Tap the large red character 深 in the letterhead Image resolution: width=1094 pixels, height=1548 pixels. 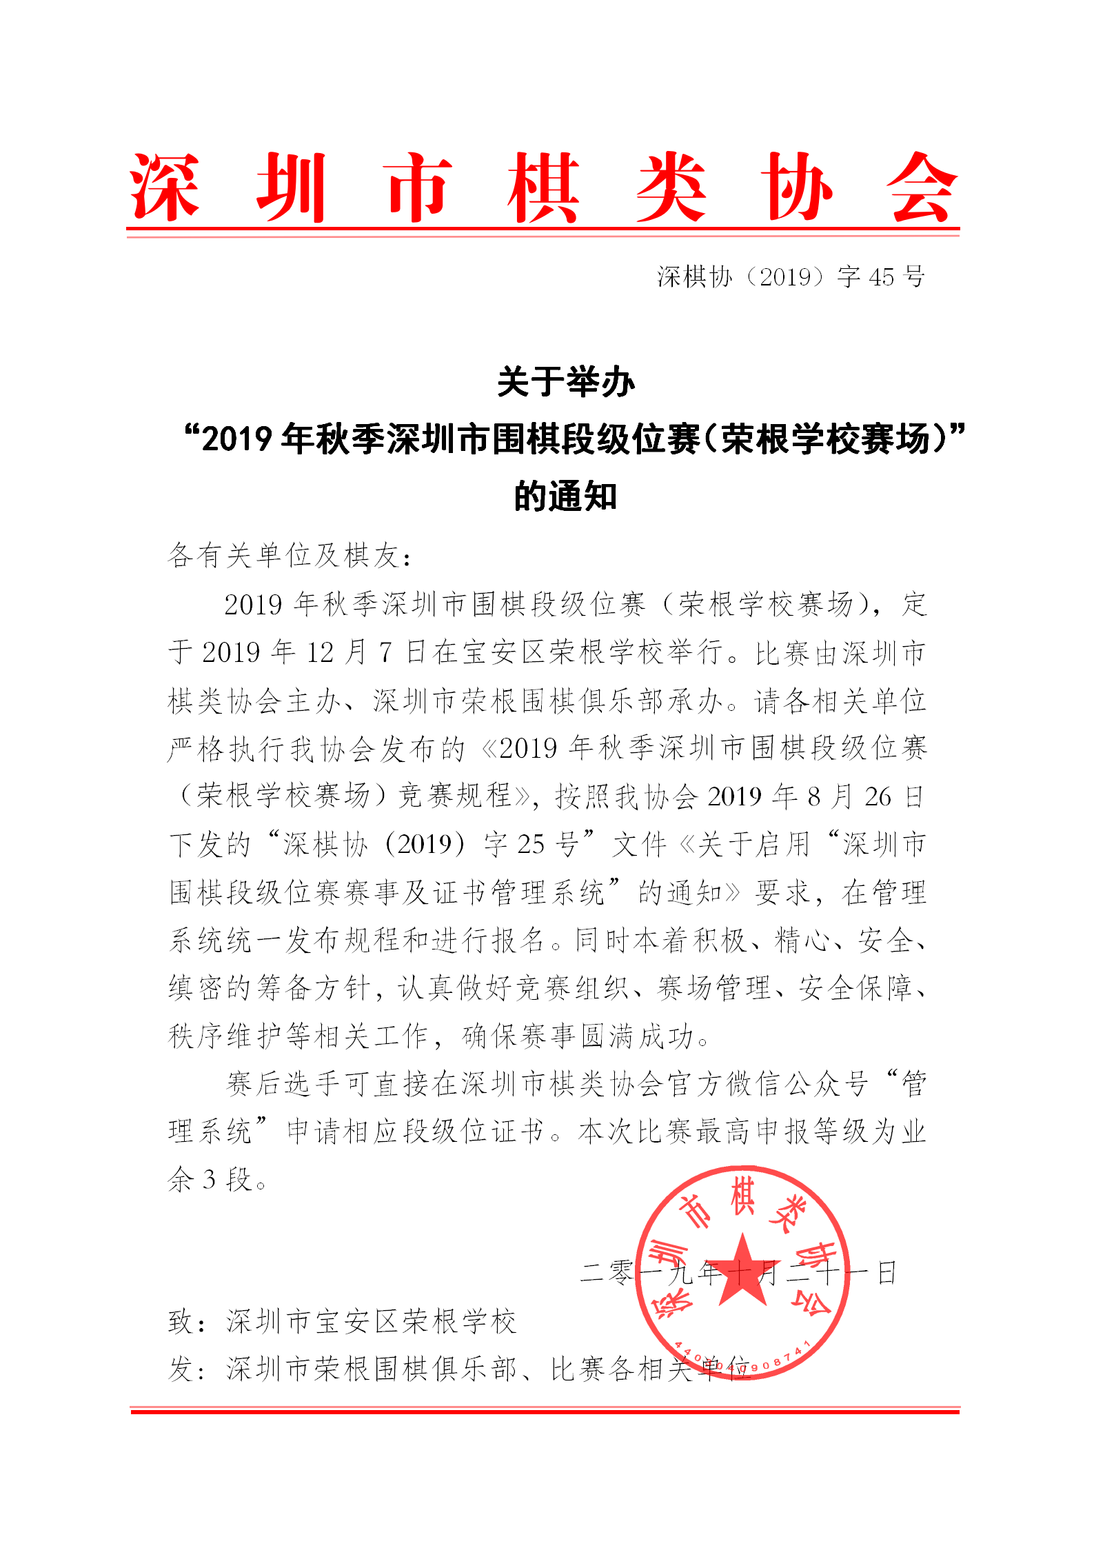coord(165,188)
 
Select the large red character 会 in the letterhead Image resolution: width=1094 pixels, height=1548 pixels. coord(922,188)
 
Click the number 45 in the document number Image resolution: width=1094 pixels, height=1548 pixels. coord(881,277)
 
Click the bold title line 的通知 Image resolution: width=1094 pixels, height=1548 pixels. coord(565,496)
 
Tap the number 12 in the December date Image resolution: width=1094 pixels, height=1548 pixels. coord(320,652)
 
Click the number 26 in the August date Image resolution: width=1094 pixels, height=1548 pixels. coord(878,797)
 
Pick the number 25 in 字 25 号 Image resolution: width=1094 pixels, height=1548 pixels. coord(531,845)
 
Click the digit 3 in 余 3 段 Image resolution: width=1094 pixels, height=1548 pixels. coord(209,1180)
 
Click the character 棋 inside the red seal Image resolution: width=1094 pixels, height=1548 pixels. coord(742,1198)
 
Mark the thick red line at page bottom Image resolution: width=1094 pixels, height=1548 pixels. coord(545,1411)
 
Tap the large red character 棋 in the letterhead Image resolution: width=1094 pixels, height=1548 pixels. coord(543,188)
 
